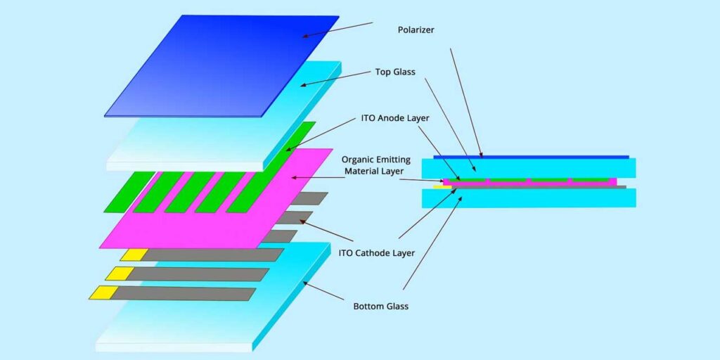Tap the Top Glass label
point(395,72)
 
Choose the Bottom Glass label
point(380,306)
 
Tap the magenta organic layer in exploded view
point(211,211)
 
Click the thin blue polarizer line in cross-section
point(531,157)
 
